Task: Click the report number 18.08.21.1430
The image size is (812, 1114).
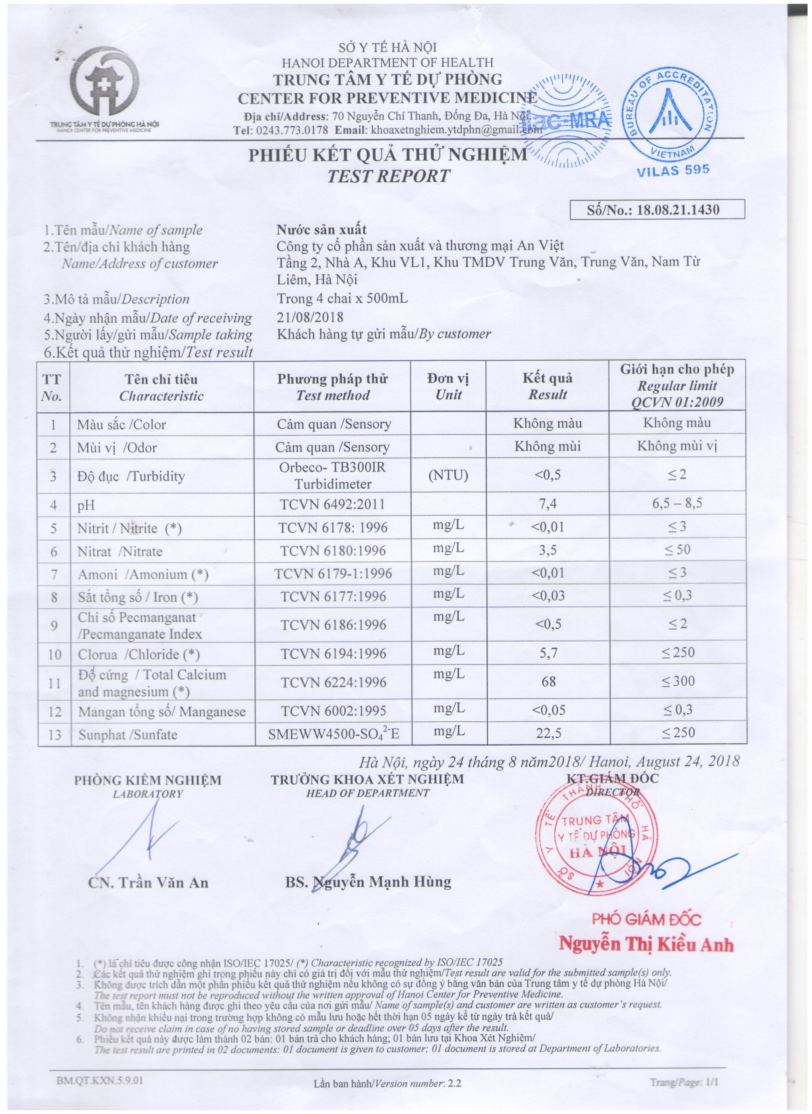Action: [x=678, y=210]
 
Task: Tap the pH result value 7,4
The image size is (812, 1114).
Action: [x=548, y=504]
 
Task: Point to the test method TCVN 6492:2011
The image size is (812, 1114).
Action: [x=332, y=504]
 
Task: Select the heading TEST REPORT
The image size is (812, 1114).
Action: [x=388, y=176]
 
